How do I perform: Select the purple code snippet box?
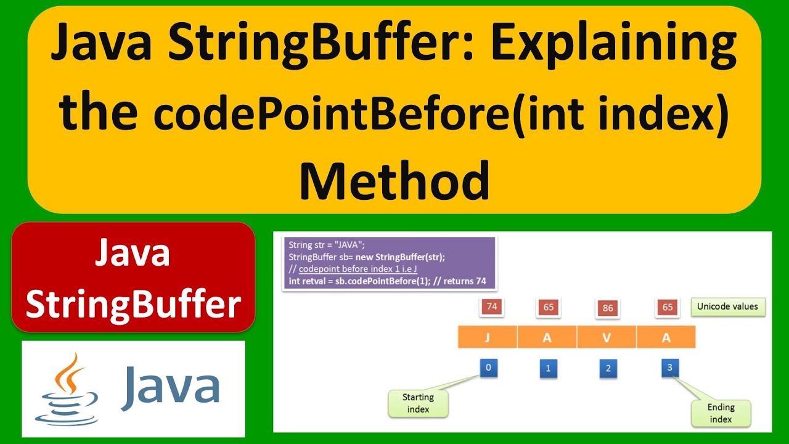[388, 263]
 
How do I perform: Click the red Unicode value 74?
[492, 306]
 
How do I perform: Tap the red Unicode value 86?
[608, 307]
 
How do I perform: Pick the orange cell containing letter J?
[487, 337]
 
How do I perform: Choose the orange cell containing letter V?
[607, 337]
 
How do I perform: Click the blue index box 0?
[488, 368]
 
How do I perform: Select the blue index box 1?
[548, 369]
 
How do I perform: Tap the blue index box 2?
[608, 369]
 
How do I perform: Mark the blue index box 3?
[669, 368]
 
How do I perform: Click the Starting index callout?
[418, 403]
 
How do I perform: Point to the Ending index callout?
[721, 413]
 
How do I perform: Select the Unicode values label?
[727, 306]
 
